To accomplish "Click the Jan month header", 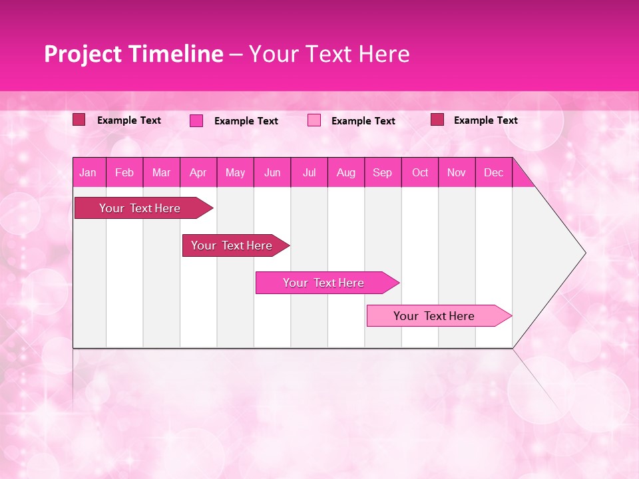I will (88, 172).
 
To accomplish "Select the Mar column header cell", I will (161, 172).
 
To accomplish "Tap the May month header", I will (235, 172).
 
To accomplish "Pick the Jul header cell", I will (309, 172).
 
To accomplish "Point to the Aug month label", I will (345, 172).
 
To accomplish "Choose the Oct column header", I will (420, 172).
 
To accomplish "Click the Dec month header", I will (493, 172).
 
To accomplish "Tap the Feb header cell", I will (124, 172).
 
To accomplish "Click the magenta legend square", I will (196, 120).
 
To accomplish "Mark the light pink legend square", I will (314, 120).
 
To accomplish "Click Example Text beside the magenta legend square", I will (246, 121).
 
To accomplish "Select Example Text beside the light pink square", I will (363, 121).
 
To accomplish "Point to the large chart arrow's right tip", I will (584, 253).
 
